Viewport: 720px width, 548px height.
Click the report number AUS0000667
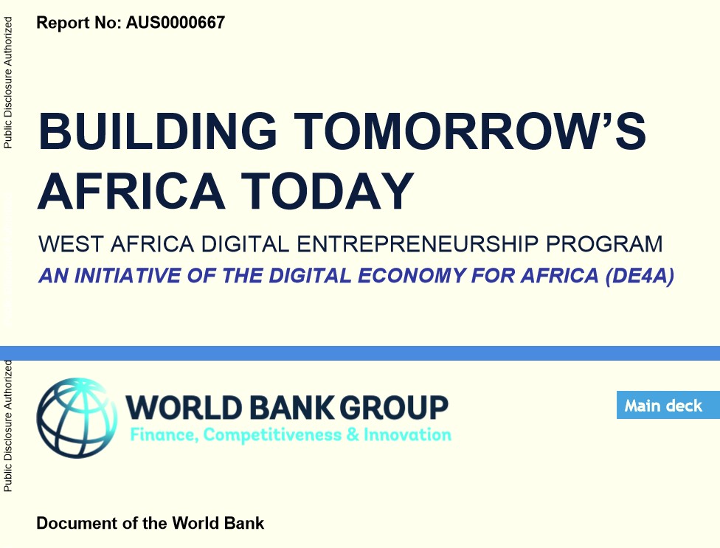[x=176, y=22]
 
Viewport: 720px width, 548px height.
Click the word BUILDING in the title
[x=158, y=131]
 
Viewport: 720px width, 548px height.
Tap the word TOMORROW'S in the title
[x=470, y=131]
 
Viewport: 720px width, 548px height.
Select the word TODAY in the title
[x=328, y=190]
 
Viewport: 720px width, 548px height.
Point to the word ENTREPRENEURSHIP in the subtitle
[x=418, y=243]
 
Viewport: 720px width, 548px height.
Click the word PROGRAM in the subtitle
[x=604, y=243]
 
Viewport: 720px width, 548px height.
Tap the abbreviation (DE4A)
[x=640, y=275]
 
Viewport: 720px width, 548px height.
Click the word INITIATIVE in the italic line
[x=128, y=275]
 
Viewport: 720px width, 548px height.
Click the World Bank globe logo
[x=77, y=417]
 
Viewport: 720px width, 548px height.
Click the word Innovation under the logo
[x=408, y=434]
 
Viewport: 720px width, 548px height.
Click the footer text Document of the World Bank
[x=150, y=523]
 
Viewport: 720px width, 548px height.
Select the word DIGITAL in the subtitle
[x=245, y=243]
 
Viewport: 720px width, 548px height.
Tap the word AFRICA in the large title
[x=131, y=190]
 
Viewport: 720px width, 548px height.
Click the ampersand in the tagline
[x=353, y=434]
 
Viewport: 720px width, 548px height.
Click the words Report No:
[x=79, y=22]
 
